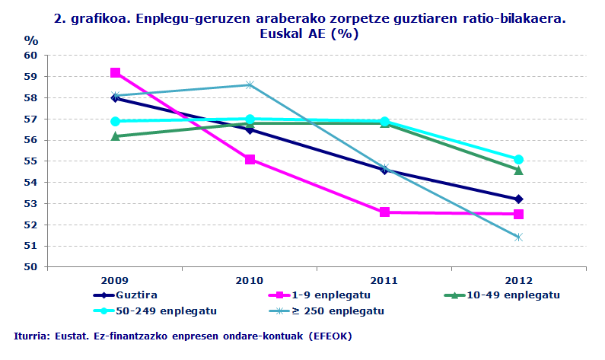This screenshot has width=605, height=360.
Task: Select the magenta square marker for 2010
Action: point(250,159)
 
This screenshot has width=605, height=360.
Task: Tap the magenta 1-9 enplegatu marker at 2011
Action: point(384,212)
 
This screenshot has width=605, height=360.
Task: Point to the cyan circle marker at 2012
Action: point(519,159)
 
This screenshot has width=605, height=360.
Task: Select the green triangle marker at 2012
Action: point(519,170)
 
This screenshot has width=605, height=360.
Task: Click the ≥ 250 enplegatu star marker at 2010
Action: point(250,85)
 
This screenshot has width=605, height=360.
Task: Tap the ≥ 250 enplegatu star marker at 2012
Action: point(519,237)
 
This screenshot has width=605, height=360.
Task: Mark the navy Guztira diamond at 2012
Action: point(519,199)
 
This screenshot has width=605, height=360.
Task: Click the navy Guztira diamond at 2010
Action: point(250,129)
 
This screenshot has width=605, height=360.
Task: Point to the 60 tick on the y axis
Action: point(30,56)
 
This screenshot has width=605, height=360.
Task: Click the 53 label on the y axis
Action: point(30,204)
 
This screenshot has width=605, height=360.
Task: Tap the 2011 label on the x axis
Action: point(384,279)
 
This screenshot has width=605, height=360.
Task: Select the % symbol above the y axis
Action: point(30,40)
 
